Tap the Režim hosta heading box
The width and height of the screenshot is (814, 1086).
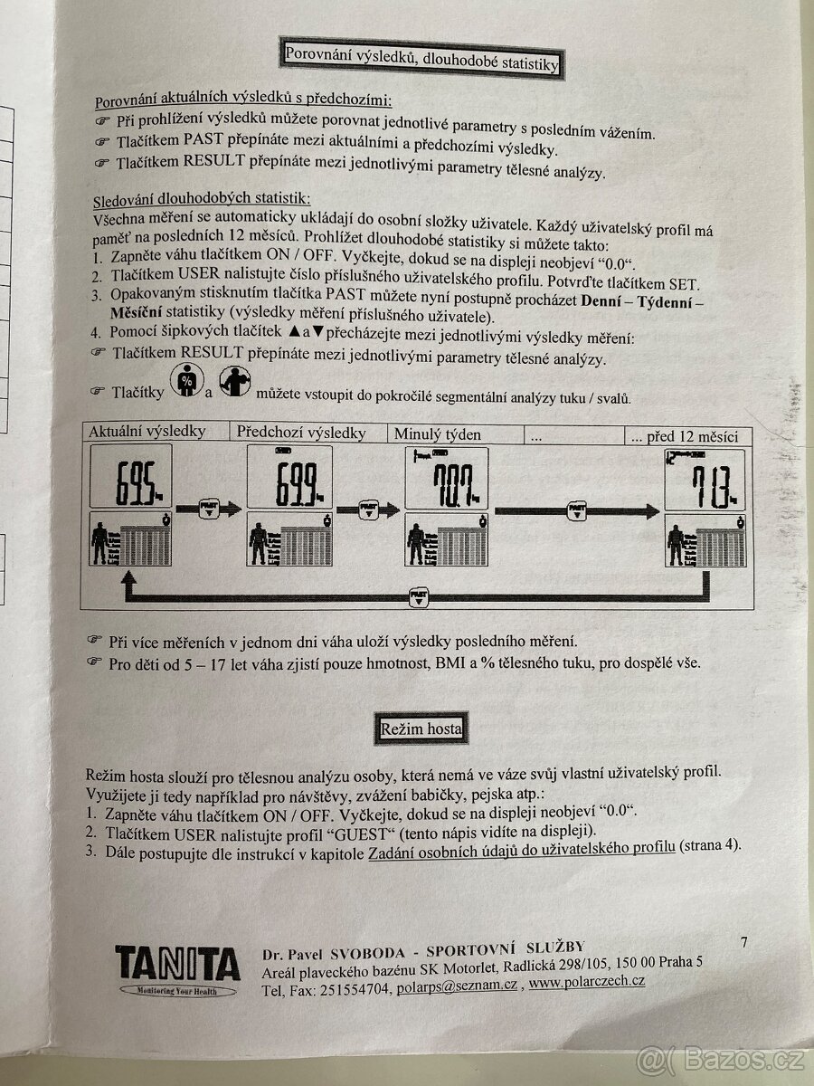pos(421,728)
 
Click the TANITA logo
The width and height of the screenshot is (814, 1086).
pos(177,966)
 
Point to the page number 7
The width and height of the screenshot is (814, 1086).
pos(743,943)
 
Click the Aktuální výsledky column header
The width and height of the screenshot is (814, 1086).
pos(147,433)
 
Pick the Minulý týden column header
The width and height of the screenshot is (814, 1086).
pos(437,434)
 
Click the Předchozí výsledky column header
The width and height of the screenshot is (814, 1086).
pos(301,433)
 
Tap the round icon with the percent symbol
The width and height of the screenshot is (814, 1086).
pos(187,381)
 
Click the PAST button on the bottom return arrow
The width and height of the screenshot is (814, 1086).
pos(418,596)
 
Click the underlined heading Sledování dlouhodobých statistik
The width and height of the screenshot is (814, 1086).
pos(202,199)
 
